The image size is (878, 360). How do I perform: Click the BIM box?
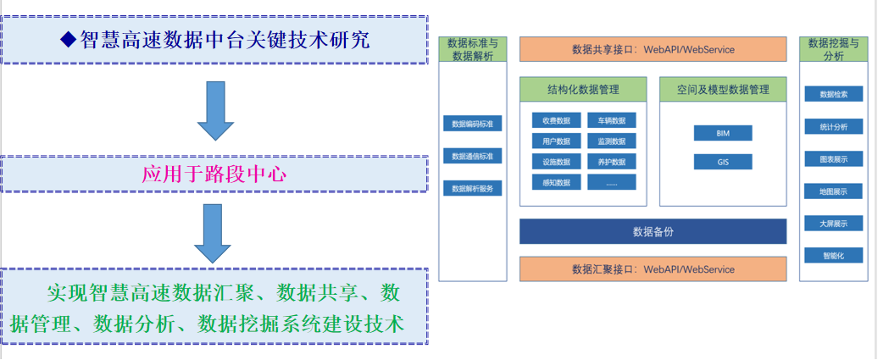(x=722, y=133)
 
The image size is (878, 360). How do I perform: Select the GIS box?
(x=722, y=161)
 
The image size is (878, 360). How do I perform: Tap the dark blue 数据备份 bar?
(x=653, y=231)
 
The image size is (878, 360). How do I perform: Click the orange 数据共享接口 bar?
(x=653, y=49)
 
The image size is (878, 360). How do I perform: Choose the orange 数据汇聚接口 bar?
(x=653, y=269)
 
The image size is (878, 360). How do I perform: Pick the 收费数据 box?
(x=556, y=120)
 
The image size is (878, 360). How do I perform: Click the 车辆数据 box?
(x=611, y=120)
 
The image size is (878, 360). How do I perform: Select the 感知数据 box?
(x=556, y=182)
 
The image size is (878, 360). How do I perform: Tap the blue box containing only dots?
(x=611, y=182)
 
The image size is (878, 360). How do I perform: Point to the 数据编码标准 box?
(x=472, y=124)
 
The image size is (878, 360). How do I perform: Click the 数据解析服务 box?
(x=472, y=188)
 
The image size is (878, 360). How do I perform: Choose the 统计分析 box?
(x=833, y=126)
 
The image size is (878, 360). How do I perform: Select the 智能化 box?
(x=833, y=255)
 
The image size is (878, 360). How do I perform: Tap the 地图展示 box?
(x=833, y=191)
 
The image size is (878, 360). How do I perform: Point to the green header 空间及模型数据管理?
(x=723, y=88)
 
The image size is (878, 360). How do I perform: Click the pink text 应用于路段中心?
(x=214, y=174)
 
